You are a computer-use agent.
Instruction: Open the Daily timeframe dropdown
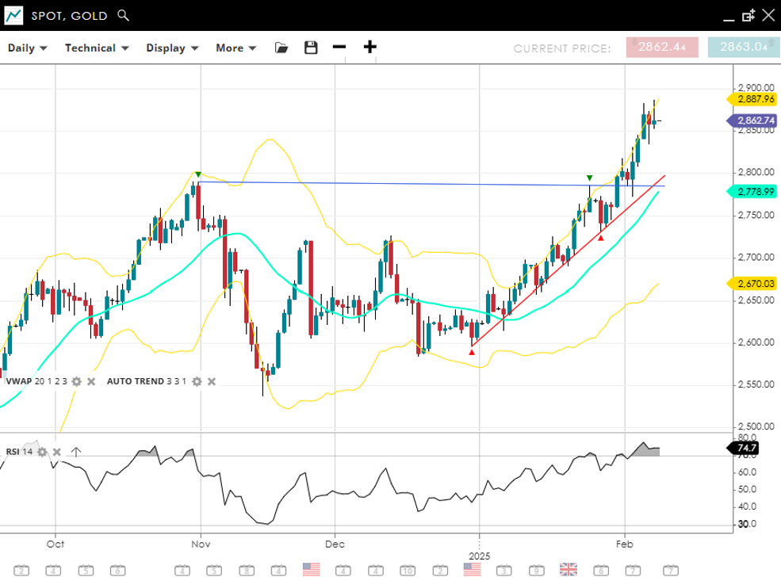coord(28,48)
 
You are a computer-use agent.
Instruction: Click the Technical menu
coord(97,48)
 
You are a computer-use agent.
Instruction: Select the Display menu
coord(172,48)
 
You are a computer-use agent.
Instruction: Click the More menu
coord(236,48)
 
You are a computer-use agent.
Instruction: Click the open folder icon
coord(281,48)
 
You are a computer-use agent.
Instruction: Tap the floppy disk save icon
coord(311,48)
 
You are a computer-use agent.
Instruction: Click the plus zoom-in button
coord(369,47)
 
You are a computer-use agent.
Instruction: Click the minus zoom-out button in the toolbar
coord(339,47)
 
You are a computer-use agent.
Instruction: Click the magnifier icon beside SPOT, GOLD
coord(122,15)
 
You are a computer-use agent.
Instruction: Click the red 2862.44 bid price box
coord(662,48)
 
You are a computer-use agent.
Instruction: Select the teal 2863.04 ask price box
coord(744,48)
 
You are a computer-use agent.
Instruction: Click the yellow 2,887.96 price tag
coord(752,99)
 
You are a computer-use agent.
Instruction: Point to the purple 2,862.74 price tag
coord(752,120)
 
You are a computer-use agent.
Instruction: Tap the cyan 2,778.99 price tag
coord(752,192)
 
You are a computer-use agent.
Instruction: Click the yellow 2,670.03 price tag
coord(752,283)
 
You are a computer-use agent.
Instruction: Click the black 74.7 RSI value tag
coord(746,449)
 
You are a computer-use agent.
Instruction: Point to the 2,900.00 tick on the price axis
coord(755,88)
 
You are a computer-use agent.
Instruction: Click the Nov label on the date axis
coord(201,545)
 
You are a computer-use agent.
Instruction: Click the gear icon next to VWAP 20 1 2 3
coord(76,381)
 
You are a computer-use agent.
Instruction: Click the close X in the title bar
coord(768,15)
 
